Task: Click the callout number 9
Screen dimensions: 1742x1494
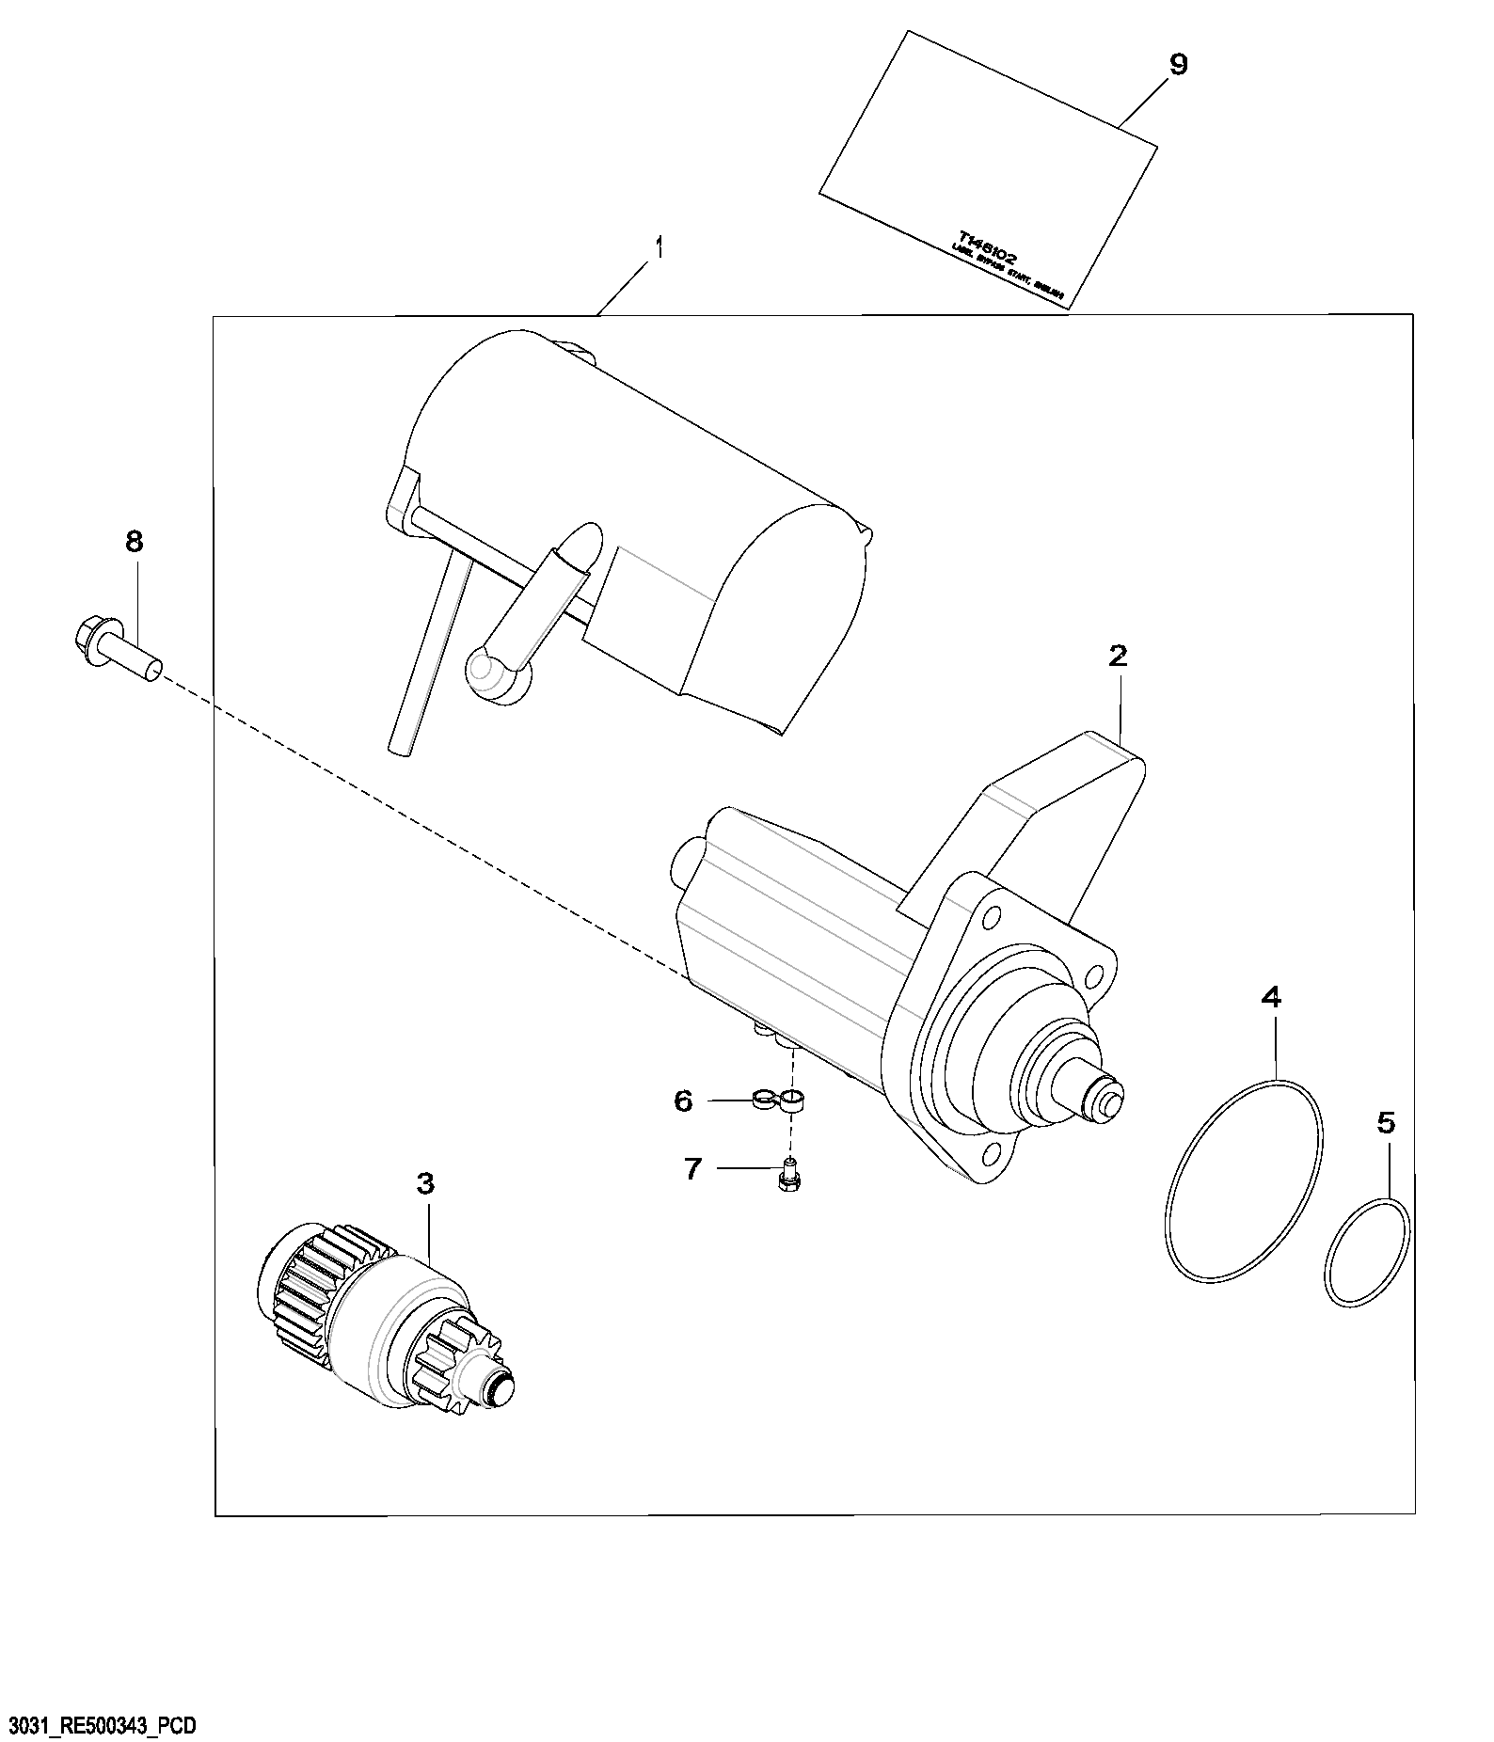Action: point(1178,65)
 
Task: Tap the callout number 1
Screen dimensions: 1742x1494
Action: point(660,248)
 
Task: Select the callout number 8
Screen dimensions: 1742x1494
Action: point(134,541)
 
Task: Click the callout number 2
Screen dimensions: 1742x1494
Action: point(1117,657)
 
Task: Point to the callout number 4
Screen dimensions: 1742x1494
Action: point(1271,997)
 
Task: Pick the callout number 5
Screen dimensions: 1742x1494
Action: point(1386,1122)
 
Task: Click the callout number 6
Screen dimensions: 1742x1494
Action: point(684,1101)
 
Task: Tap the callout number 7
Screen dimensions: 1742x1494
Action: point(692,1169)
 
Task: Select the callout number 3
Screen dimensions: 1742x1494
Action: point(425,1184)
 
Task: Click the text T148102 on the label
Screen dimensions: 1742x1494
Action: point(988,247)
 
